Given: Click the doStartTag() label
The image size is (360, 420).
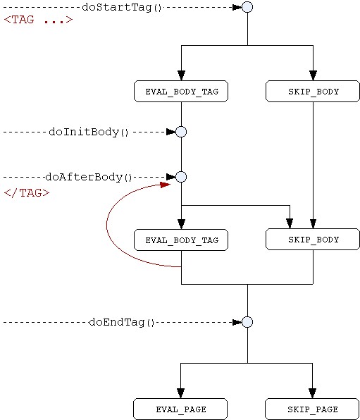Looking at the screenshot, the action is [x=122, y=7].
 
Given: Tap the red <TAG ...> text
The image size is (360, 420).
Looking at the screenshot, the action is [x=38, y=20].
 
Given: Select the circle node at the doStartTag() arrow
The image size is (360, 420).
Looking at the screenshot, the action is [x=247, y=7].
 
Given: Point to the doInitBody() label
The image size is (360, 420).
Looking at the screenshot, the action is [x=89, y=132].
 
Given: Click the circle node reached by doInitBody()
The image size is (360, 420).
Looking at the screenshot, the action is [x=181, y=132].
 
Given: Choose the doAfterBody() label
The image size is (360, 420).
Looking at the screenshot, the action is [x=89, y=178].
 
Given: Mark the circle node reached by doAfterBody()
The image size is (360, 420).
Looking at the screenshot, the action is [x=181, y=177].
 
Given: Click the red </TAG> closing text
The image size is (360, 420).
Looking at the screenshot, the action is [x=27, y=193].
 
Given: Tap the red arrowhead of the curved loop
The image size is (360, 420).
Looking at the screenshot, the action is [x=165, y=185].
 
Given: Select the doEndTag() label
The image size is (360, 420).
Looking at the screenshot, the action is [x=122, y=322].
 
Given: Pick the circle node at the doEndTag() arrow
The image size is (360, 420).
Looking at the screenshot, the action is [x=247, y=322].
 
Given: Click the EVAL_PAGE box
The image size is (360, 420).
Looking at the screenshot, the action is [x=180, y=409].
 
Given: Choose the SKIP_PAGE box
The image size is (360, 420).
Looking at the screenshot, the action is [x=312, y=409].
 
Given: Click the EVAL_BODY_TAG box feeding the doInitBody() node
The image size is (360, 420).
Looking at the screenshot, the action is [x=181, y=92].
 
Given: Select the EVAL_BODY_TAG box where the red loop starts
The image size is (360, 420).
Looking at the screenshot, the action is [x=181, y=240].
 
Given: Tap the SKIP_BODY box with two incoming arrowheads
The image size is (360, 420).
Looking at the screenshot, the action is [x=313, y=239].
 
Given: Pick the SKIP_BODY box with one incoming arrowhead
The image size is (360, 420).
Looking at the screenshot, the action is [x=313, y=92].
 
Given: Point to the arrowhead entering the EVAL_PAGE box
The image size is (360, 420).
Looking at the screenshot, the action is [x=180, y=393].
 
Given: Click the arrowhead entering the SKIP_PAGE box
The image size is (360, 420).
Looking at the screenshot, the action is [x=312, y=393].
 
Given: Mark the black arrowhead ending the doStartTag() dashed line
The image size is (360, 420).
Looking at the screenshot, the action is [x=237, y=7].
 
